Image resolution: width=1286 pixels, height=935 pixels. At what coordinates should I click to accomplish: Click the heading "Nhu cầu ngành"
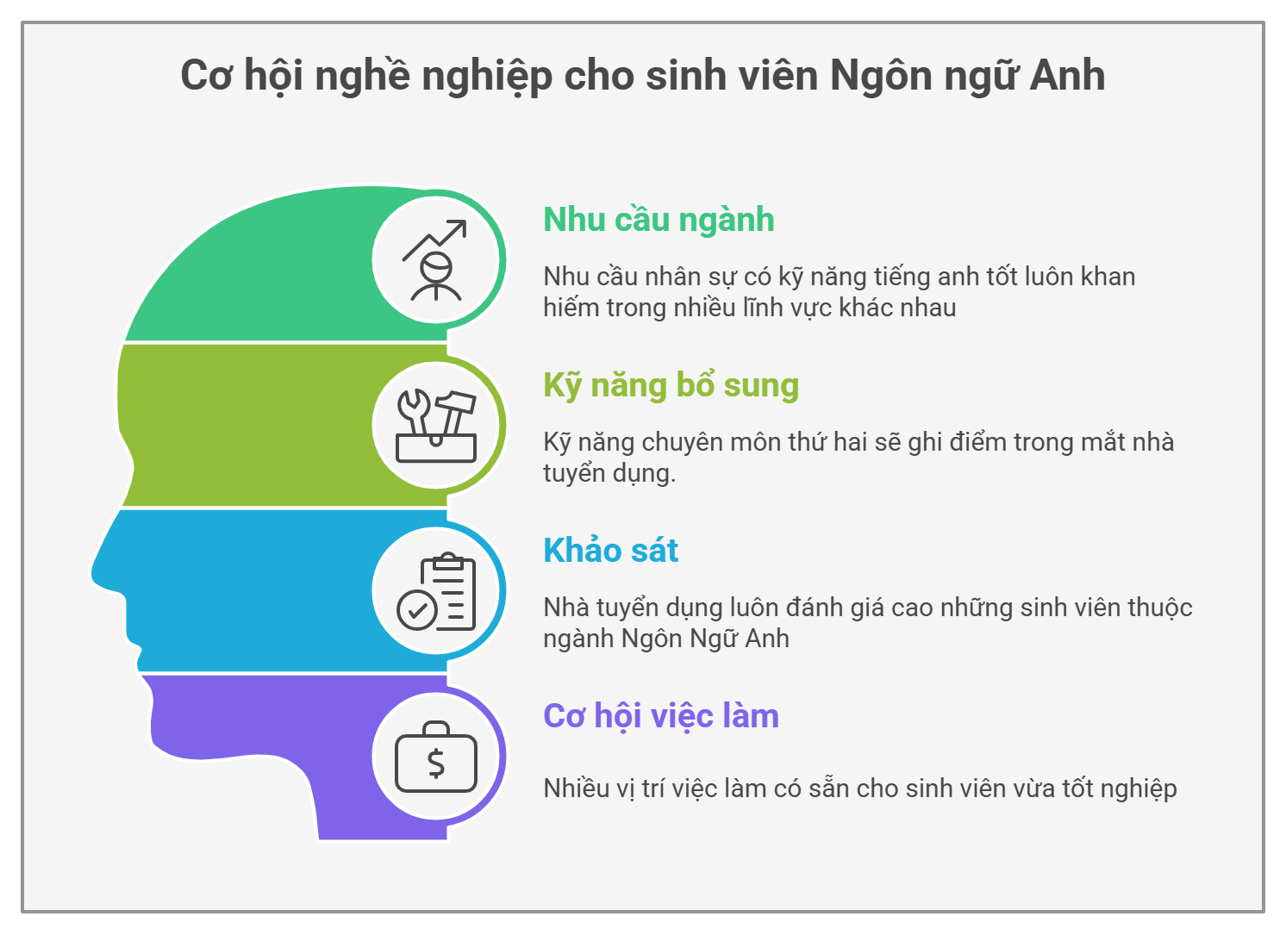(x=659, y=221)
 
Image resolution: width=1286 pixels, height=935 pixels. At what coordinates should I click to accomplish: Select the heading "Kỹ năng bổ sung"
(x=671, y=386)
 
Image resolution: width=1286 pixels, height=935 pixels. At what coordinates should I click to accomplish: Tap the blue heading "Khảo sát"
(x=610, y=550)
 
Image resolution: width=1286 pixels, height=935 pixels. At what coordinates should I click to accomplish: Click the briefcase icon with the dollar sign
(x=436, y=757)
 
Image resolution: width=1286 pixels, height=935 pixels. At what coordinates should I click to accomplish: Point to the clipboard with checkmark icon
(x=436, y=592)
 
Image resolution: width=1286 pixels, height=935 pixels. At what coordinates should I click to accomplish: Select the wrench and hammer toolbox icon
(x=436, y=426)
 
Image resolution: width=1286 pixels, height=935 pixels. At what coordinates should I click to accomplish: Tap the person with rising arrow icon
(x=434, y=260)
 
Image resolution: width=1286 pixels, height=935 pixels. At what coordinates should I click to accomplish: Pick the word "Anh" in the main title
(x=1067, y=75)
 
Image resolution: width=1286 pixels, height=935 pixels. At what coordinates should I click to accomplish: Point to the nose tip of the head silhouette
(x=93, y=573)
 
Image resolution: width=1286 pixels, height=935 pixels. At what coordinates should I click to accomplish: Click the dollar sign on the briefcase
(x=436, y=764)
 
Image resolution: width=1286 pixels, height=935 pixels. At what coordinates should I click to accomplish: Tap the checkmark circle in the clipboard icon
(x=417, y=610)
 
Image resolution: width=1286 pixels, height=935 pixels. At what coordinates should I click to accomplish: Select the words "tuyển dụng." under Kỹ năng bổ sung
(x=609, y=474)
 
